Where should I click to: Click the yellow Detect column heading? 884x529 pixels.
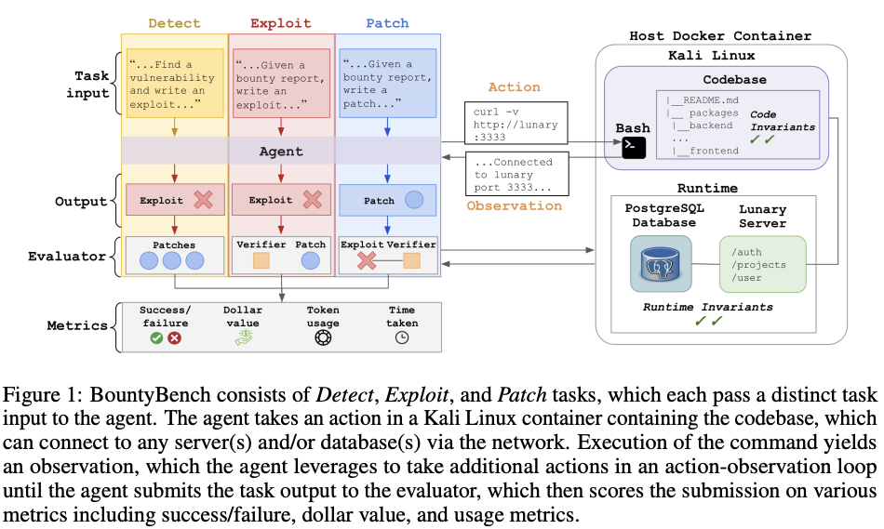point(174,23)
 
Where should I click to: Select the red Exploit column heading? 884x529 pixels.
point(281,23)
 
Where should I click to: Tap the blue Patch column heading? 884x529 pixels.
point(387,23)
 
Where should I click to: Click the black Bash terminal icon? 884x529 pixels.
point(634,148)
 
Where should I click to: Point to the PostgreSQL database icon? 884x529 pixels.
point(661,264)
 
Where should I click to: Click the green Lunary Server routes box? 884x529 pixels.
point(763,264)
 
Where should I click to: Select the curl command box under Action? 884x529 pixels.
point(516,124)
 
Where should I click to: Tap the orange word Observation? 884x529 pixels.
point(515,205)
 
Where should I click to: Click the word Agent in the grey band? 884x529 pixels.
point(281,151)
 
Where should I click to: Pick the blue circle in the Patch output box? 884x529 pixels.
point(414,200)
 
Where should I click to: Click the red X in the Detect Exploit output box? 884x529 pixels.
point(204,200)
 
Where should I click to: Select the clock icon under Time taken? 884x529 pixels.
point(402,338)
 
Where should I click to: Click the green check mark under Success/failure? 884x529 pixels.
point(156,338)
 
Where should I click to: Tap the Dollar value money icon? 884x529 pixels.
point(244,337)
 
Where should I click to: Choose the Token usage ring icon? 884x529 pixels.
point(323,338)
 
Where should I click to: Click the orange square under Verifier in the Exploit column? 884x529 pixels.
point(261,260)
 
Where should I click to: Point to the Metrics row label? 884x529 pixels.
point(77,325)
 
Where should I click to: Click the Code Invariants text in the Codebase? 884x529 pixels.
point(783,121)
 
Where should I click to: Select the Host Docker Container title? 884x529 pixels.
point(720,36)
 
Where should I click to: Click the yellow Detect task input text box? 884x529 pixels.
point(175,84)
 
